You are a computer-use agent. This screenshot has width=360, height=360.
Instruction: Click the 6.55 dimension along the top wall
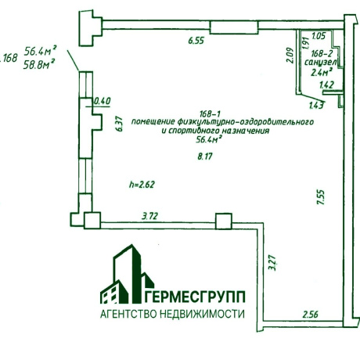196,41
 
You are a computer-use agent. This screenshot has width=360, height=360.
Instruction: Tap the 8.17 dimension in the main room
205,157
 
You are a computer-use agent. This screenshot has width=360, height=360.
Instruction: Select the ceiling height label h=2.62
142,185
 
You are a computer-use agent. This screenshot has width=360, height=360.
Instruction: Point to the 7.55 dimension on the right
321,197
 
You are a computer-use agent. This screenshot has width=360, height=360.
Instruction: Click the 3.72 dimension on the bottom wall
149,216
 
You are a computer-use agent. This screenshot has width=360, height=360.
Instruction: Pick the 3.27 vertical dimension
272,263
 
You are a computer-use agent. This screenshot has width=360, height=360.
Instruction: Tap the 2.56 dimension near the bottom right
311,314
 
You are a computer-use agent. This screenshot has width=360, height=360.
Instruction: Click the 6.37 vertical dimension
119,124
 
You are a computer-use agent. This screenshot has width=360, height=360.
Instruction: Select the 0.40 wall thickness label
103,101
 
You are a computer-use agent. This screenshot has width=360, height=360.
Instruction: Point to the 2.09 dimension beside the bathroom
290,56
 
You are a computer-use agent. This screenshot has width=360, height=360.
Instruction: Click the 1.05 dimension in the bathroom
319,35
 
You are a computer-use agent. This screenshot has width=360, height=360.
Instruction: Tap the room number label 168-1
211,114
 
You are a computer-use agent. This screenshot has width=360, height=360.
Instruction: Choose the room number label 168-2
322,54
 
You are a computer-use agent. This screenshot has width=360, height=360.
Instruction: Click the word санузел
321,63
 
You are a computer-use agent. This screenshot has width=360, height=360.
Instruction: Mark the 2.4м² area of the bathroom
322,72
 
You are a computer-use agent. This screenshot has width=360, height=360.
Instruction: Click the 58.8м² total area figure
39,65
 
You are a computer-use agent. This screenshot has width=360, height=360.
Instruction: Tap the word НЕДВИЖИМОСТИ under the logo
202,314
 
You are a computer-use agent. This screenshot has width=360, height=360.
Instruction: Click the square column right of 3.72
224,221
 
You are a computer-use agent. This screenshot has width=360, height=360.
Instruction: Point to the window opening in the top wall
234,27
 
